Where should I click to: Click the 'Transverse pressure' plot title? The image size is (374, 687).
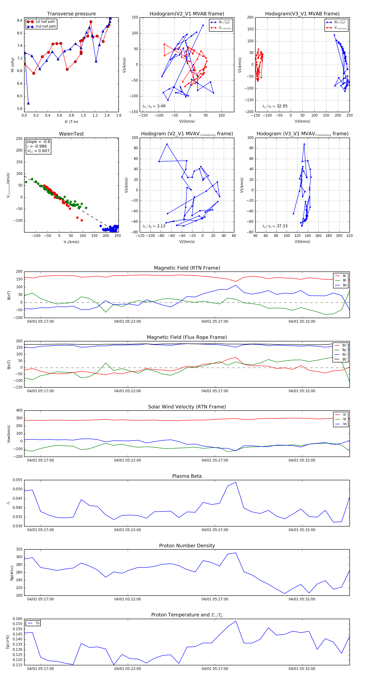click(71, 14)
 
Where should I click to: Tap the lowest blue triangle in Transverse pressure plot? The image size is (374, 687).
click(28, 103)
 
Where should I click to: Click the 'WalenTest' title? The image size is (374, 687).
click(71, 134)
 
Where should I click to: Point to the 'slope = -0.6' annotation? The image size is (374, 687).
click(38, 142)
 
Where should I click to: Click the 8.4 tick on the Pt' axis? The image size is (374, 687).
click(20, 21)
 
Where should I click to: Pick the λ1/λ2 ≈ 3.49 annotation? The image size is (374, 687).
click(154, 106)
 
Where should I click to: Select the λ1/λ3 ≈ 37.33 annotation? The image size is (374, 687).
click(275, 226)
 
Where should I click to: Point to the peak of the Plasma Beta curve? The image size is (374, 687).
click(236, 482)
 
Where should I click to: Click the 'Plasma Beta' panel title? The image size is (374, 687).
click(187, 476)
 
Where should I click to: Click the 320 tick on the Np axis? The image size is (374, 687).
click(19, 549)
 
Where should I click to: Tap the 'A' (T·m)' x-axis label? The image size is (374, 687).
click(71, 122)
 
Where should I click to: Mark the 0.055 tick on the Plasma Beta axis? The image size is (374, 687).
click(18, 480)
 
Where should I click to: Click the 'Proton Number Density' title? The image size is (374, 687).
click(187, 546)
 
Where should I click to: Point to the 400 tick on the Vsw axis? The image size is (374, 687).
click(19, 411)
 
